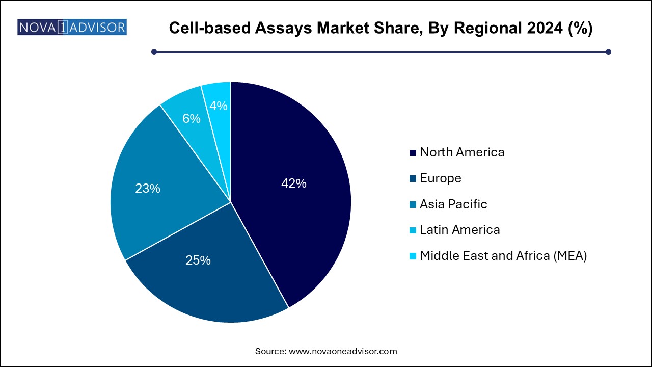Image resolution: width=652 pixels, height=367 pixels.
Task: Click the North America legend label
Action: pyautogui.click(x=462, y=152)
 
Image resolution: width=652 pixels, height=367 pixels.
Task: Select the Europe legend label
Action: pyautogui.click(x=440, y=178)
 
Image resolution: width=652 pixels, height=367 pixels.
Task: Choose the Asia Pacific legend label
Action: pyautogui.click(x=453, y=204)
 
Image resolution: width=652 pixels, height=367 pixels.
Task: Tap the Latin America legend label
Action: pyautogui.click(x=459, y=230)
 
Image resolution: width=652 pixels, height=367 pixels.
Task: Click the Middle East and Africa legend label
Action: pyautogui.click(x=503, y=256)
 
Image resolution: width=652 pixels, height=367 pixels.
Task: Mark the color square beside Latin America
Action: pyautogui.click(x=413, y=230)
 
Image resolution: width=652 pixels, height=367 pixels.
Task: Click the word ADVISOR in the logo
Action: pyautogui.click(x=97, y=27)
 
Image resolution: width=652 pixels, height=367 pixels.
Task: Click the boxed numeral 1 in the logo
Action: pyautogui.click(x=62, y=27)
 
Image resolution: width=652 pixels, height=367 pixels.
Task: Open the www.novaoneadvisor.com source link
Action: pyautogui.click(x=343, y=351)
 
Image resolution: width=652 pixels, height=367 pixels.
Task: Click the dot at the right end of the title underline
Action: pyautogui.click(x=608, y=51)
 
